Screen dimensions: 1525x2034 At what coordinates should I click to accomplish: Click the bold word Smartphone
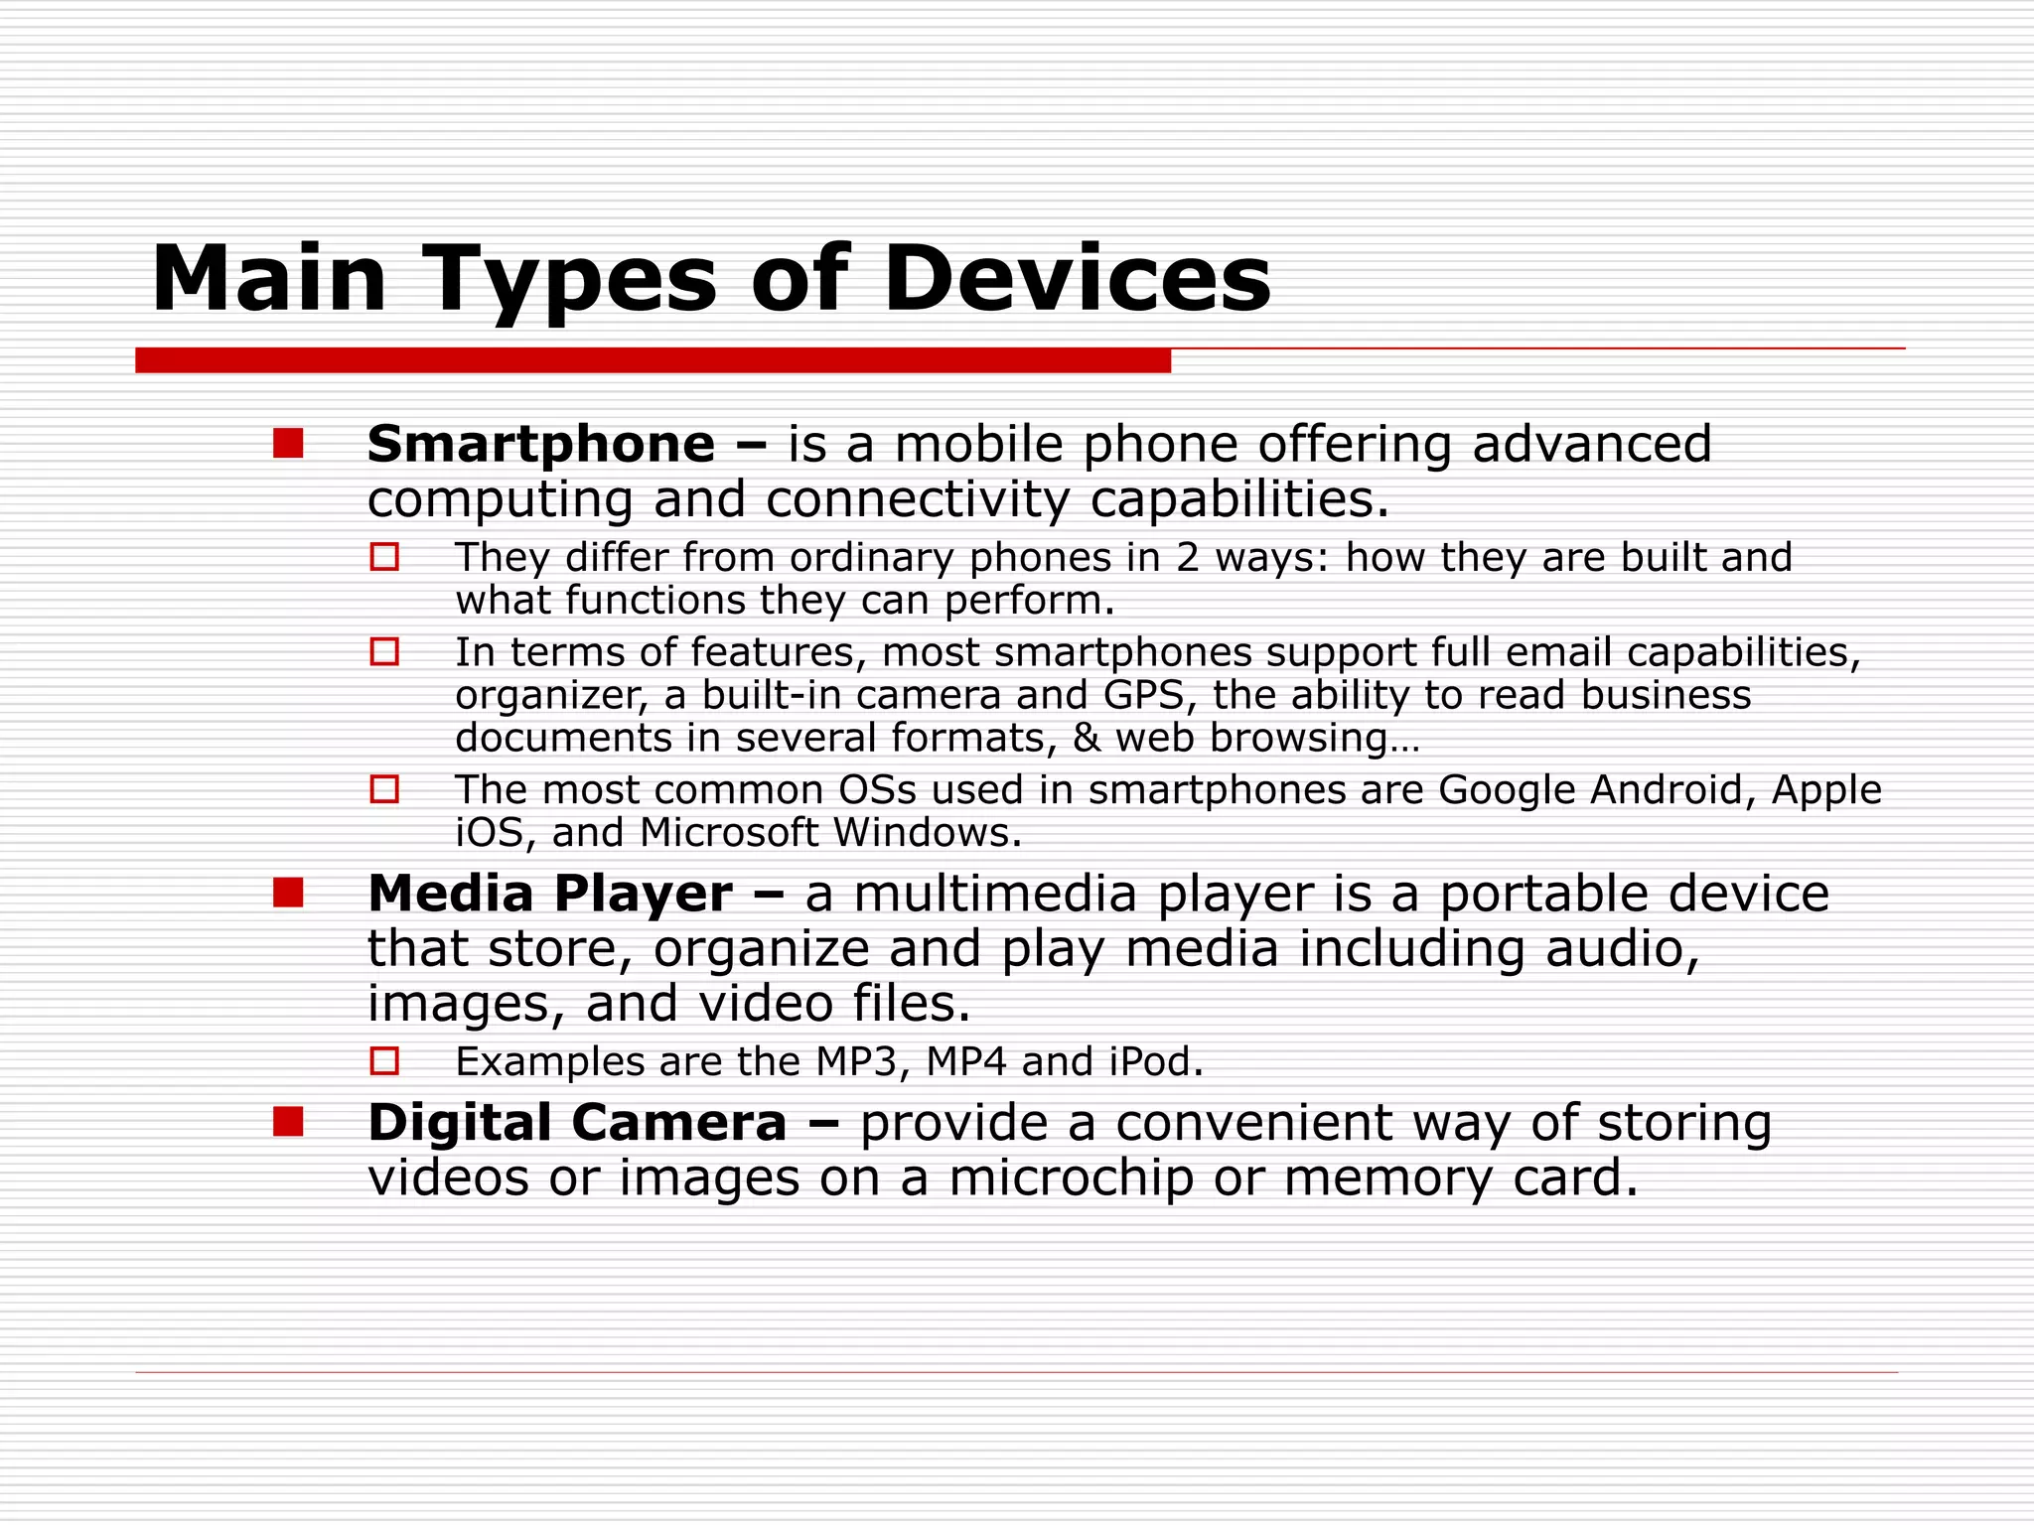540,444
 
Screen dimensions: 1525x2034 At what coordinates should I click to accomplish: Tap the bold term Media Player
549,894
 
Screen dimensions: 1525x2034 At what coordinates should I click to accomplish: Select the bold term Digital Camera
577,1123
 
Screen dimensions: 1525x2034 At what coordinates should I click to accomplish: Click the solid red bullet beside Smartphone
288,443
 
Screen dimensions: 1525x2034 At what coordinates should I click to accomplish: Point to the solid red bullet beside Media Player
288,893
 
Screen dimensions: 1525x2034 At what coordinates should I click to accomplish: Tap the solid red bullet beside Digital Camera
288,1122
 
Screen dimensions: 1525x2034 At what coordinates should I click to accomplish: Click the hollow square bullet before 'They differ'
384,557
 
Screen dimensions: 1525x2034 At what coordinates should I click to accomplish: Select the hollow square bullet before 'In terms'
384,651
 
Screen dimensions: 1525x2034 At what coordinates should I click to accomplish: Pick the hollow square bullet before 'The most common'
384,789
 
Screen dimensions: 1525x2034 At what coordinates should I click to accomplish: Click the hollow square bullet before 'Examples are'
384,1061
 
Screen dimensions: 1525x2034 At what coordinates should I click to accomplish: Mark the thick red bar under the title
653,360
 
